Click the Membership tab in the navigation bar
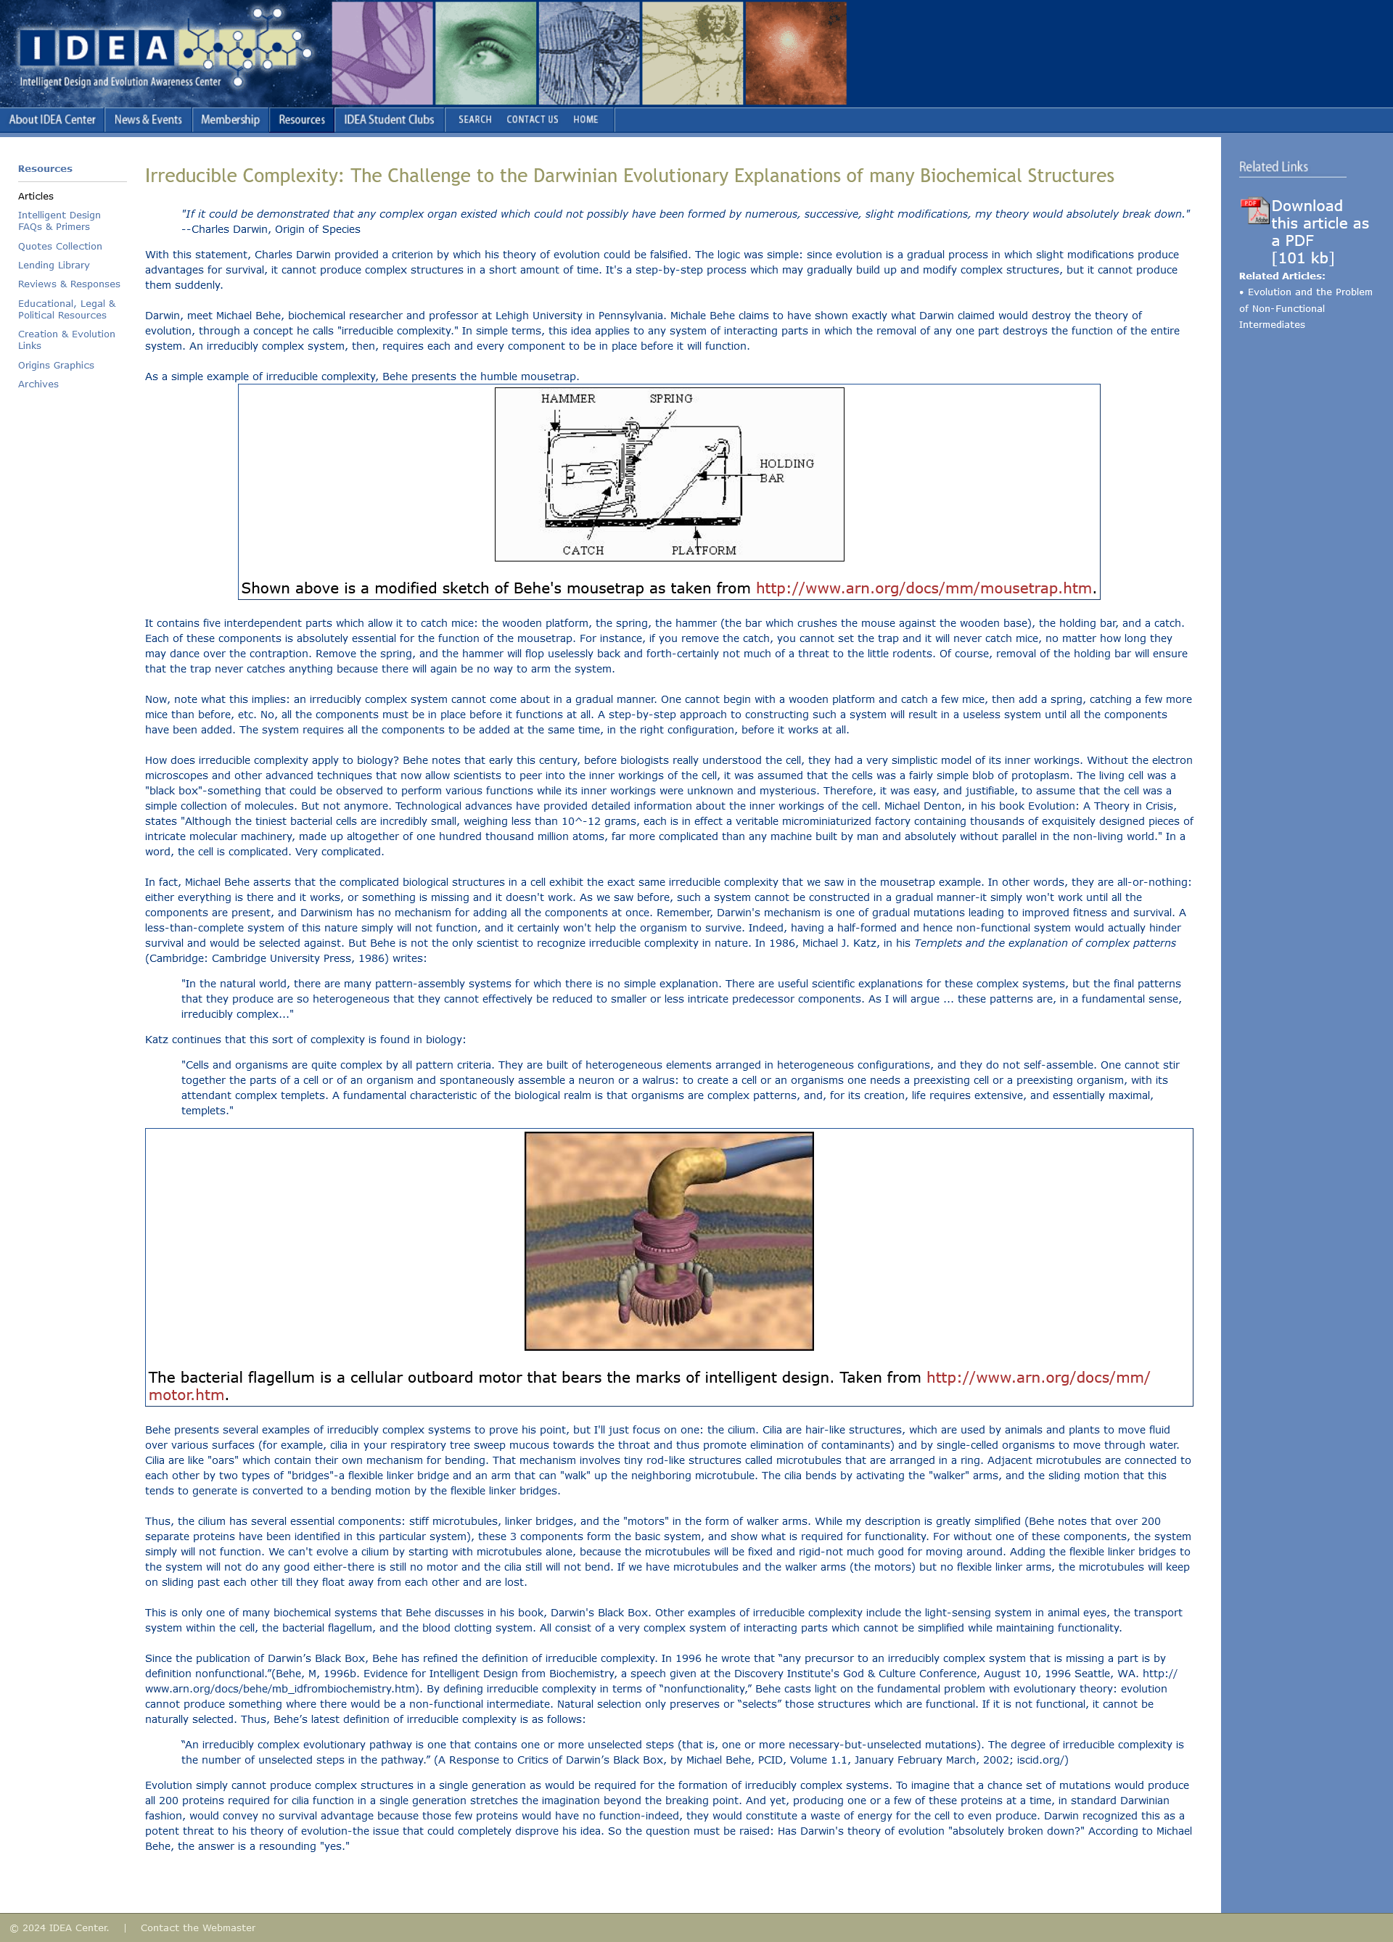click(x=229, y=120)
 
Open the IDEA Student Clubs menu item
click(x=389, y=120)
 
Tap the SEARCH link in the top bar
click(x=474, y=120)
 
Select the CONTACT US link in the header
click(x=532, y=120)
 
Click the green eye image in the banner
click(x=485, y=53)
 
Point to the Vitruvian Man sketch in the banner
click(x=693, y=53)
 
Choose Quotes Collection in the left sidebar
click(x=60, y=247)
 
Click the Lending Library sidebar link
click(x=54, y=266)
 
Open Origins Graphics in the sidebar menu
click(x=56, y=366)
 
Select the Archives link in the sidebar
click(x=38, y=384)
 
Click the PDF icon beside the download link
click(x=1254, y=210)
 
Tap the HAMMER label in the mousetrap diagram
click(x=567, y=399)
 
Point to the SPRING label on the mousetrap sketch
click(x=670, y=399)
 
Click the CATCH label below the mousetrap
click(x=583, y=551)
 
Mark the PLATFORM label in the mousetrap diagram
click(x=704, y=551)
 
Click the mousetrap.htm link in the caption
click(x=923, y=588)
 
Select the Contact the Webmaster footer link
click(x=198, y=1928)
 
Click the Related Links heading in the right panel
click(x=1273, y=167)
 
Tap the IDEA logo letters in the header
click(x=94, y=48)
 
